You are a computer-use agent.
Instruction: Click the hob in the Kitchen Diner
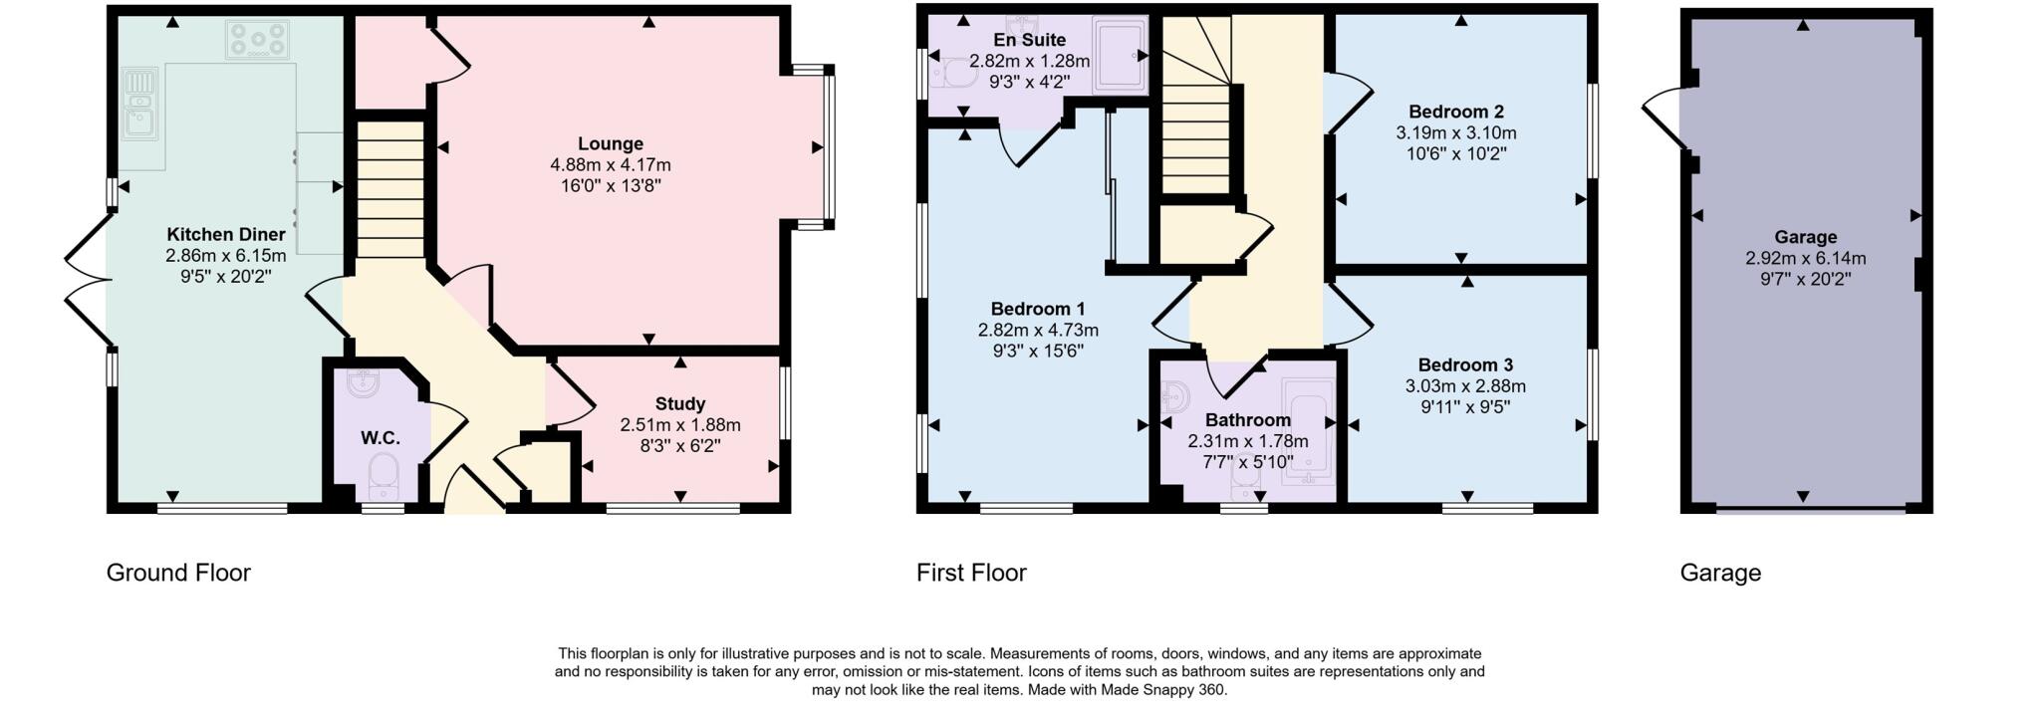258,40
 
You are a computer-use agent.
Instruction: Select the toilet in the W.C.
382,474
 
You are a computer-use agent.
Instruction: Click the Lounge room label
610,143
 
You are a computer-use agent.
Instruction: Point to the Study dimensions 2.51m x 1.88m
679,425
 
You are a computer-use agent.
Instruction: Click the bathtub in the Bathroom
1308,432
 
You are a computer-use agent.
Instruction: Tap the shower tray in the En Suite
1120,57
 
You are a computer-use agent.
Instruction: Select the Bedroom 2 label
1455,112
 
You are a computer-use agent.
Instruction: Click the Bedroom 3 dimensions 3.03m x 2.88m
1464,386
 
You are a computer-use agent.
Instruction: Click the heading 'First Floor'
970,573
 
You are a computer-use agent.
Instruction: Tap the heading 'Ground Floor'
178,573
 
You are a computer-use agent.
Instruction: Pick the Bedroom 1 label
1037,309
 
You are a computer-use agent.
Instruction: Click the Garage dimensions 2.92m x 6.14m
1805,259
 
